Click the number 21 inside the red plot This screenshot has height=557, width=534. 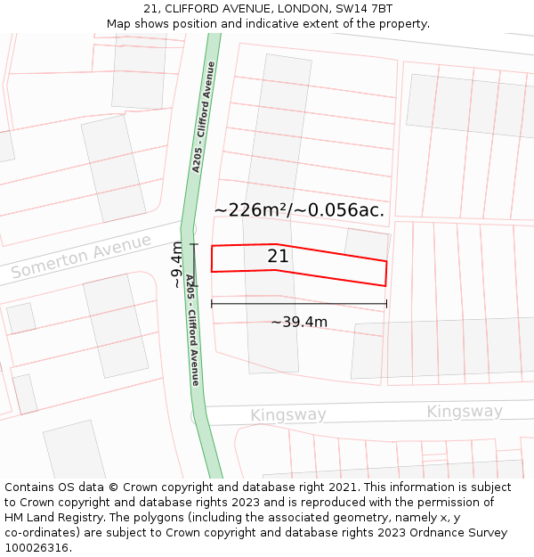pyautogui.click(x=278, y=257)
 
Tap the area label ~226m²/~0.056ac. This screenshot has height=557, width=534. pyautogui.click(x=299, y=210)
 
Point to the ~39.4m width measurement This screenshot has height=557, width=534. pyautogui.click(x=299, y=322)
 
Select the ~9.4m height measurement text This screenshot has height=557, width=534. pyautogui.click(x=177, y=265)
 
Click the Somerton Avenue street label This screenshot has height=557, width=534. pyautogui.click(x=81, y=257)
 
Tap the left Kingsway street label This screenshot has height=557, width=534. pyautogui.click(x=287, y=415)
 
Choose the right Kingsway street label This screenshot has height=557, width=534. pyautogui.click(x=465, y=412)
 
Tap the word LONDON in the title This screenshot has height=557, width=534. pyautogui.click(x=290, y=9)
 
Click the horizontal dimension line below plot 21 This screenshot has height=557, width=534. pyautogui.click(x=299, y=304)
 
